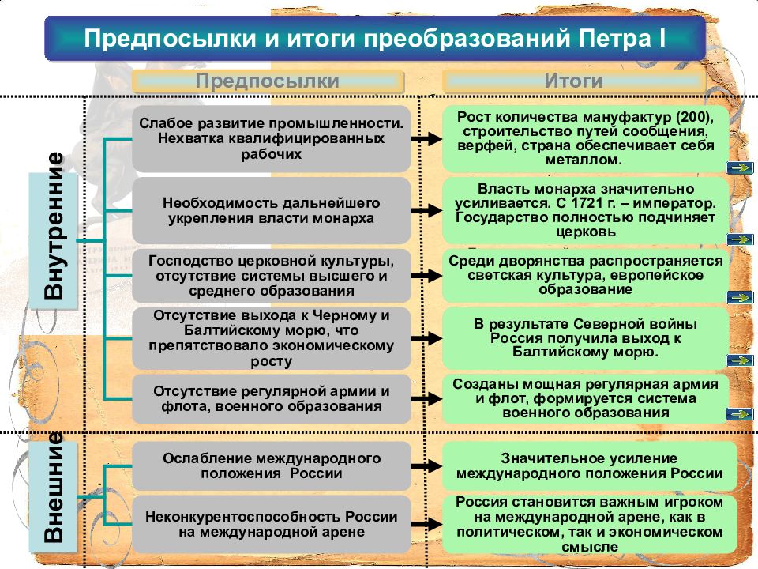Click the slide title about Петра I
(374, 38)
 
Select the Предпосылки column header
(268, 81)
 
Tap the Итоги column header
(573, 81)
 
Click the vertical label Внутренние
(54, 225)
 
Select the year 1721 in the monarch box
(578, 203)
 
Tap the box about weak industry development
(271, 139)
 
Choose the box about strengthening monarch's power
(271, 210)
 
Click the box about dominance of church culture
(271, 276)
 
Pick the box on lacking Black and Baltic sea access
(271, 338)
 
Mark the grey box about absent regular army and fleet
(271, 398)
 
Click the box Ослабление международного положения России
(271, 465)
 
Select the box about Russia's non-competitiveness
(271, 524)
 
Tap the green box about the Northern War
(585, 338)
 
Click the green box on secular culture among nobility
(585, 276)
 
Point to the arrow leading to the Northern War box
(426, 338)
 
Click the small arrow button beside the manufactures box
(740, 168)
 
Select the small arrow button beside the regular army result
(740, 414)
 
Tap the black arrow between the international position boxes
(426, 466)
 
